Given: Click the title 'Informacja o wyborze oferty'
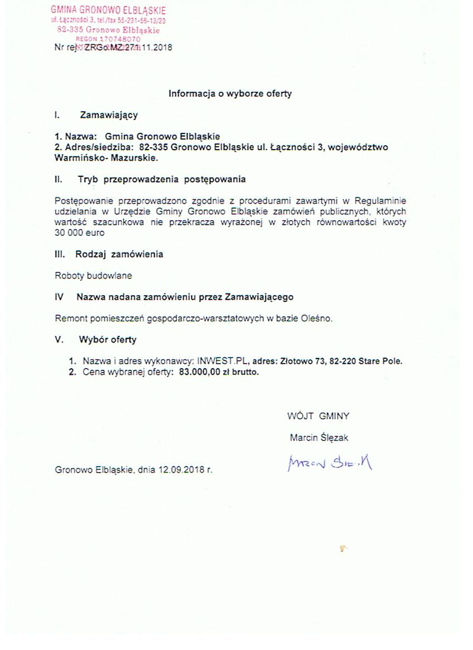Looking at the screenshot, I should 230,93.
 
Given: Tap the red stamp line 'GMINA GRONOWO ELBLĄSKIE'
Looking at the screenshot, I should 108,10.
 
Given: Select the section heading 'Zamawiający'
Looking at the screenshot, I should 109,115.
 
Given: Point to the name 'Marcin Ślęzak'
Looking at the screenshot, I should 319,438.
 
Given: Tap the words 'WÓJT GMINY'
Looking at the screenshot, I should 318,415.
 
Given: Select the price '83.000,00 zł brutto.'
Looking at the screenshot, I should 219,372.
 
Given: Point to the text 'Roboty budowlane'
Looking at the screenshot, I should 93,275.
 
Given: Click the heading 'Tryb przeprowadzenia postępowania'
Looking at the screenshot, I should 161,180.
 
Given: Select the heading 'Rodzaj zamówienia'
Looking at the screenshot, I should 119,254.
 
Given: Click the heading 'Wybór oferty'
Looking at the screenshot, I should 107,339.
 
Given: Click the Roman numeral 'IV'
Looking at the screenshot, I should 59,297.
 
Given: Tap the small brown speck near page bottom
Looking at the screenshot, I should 343,548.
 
